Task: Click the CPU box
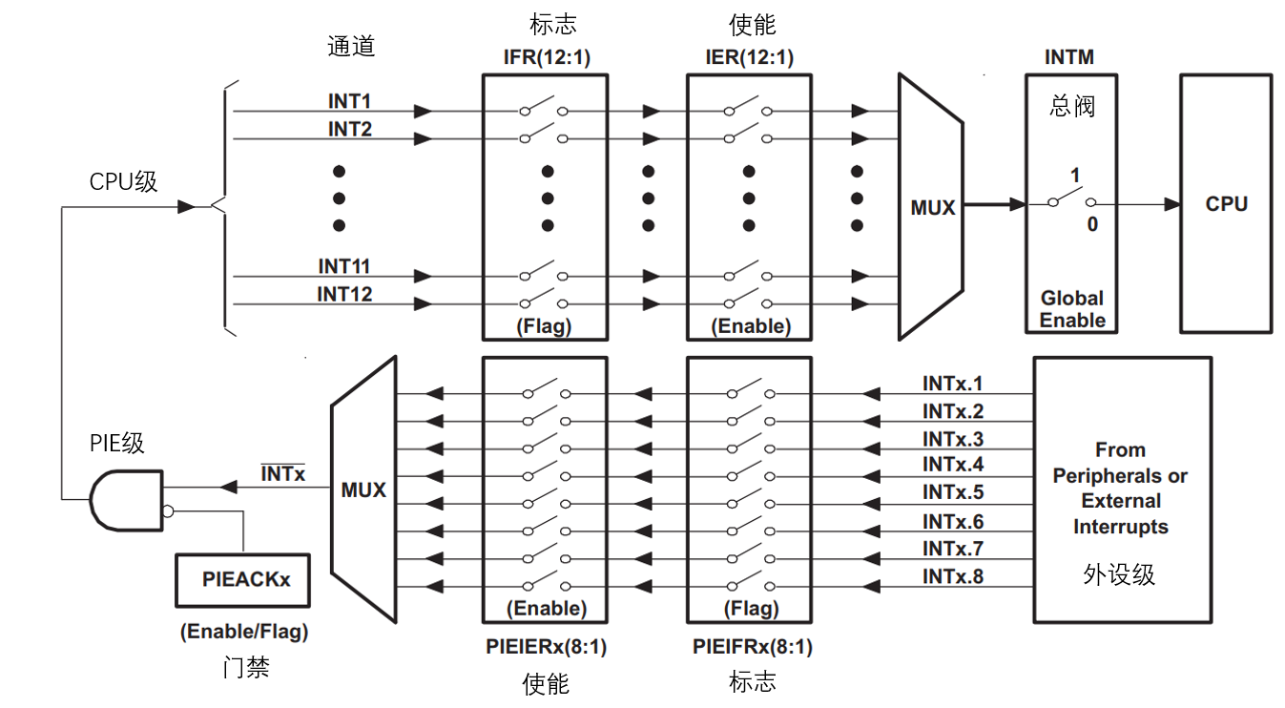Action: [x=1226, y=204]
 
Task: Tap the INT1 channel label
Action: [x=350, y=101]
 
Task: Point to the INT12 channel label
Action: [x=344, y=294]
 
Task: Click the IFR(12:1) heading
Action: [x=547, y=57]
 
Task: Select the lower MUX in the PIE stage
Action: [x=363, y=489]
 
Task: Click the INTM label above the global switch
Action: [x=1068, y=57]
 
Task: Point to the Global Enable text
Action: [x=1071, y=309]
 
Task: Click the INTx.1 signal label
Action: [x=952, y=384]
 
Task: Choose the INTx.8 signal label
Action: [x=952, y=576]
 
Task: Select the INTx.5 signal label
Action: [x=952, y=493]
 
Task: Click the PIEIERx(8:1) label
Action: [x=546, y=647]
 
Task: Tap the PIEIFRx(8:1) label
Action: [x=752, y=647]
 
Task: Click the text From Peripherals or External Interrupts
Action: [x=1120, y=488]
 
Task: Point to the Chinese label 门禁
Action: [x=245, y=667]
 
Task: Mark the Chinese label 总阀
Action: [x=1071, y=106]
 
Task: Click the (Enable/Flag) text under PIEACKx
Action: [x=244, y=632]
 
